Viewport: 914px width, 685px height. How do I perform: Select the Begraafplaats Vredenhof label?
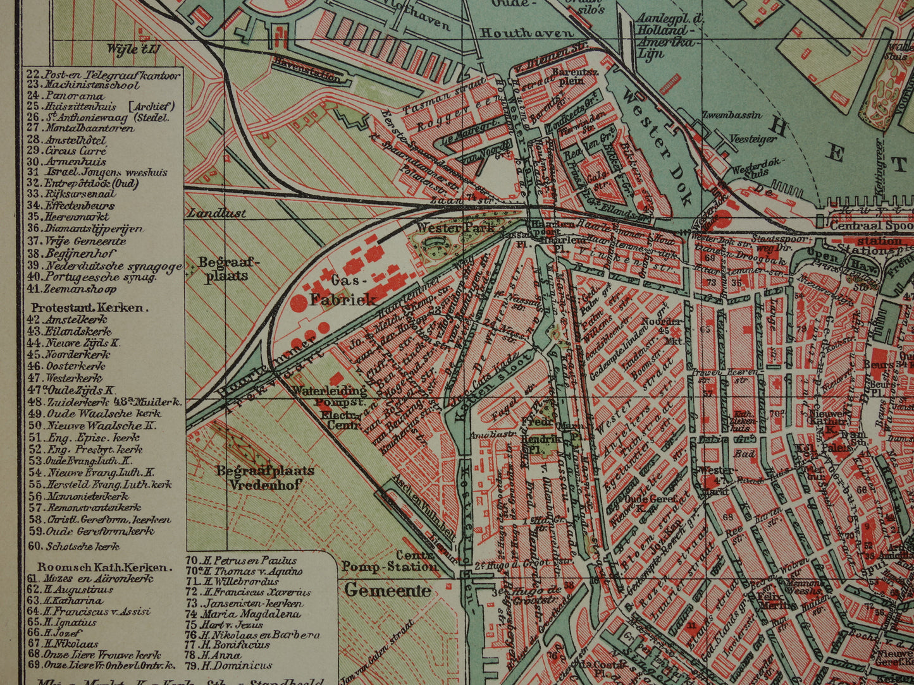coord(264,478)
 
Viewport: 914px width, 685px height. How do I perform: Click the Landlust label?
coord(216,214)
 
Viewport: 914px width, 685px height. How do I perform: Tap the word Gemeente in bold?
coord(387,591)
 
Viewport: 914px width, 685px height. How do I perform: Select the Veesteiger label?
coord(752,139)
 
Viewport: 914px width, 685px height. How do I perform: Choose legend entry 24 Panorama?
coord(66,96)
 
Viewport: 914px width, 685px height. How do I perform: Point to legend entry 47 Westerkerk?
coord(66,378)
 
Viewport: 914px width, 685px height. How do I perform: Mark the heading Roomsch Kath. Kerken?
coord(103,567)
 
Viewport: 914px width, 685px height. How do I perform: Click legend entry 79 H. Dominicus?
coord(230,665)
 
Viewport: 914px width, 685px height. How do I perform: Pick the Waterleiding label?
coord(320,391)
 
